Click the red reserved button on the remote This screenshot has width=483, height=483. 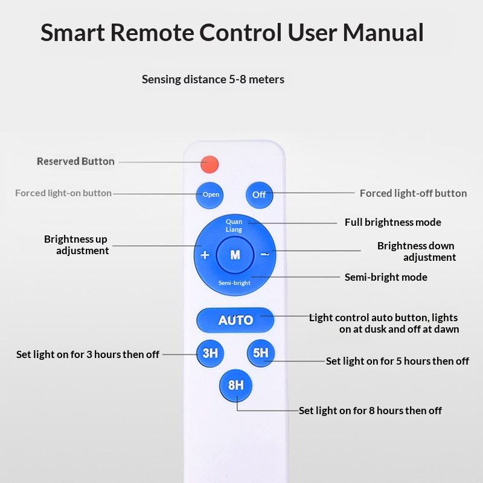[210, 163]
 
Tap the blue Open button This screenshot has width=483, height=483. [211, 194]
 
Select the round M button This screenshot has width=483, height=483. [235, 255]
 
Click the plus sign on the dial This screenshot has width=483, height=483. [205, 255]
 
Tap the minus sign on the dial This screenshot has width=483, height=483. [264, 254]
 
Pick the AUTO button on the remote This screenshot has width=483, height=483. [235, 320]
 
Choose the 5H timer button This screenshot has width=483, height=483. [260, 353]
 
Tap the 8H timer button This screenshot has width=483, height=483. [235, 385]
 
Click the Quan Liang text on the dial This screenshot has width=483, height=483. [234, 226]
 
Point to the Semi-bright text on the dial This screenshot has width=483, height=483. [235, 283]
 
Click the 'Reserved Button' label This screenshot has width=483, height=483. [75, 161]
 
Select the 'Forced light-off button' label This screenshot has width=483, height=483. [413, 193]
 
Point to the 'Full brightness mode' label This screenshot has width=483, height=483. [392, 222]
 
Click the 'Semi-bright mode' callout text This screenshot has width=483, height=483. [386, 277]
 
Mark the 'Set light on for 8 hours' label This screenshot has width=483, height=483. [370, 411]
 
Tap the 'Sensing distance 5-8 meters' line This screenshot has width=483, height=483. [213, 79]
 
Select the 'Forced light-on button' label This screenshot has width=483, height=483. [63, 193]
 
